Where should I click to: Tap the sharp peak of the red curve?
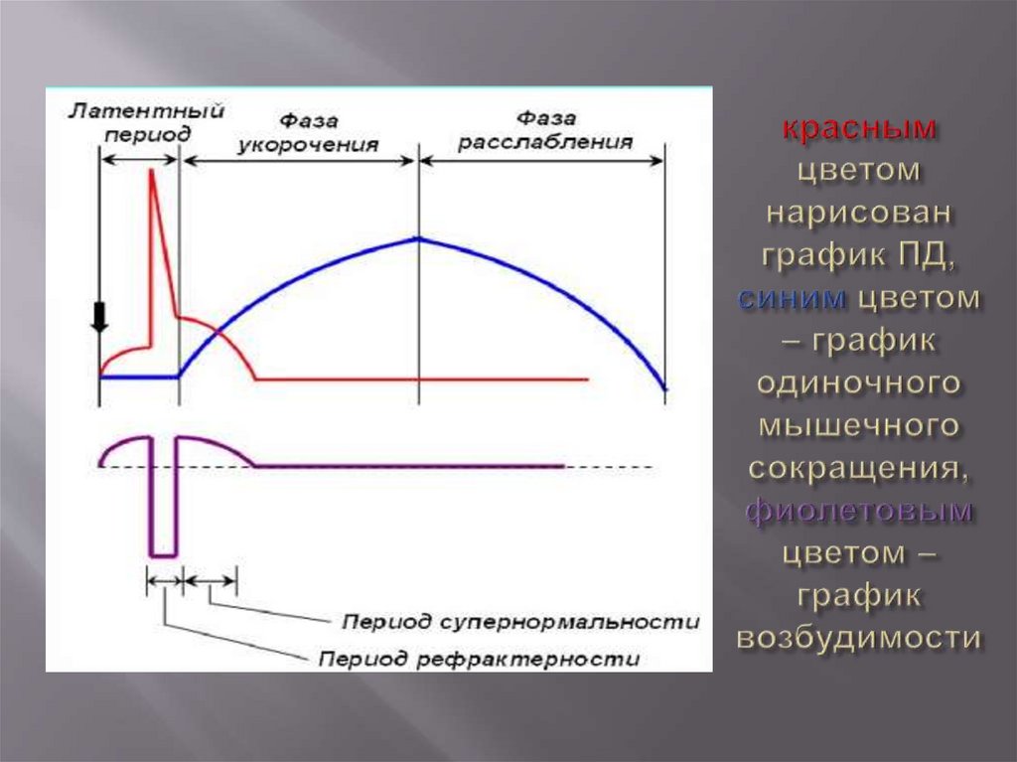click(152, 171)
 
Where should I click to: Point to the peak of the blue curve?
click(418, 238)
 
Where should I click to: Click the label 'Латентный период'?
click(145, 121)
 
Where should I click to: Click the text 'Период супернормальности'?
click(519, 622)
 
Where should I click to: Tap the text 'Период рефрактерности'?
click(479, 659)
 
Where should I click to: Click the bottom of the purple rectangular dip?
click(163, 554)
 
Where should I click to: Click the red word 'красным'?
click(860, 128)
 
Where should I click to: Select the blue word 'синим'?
click(792, 297)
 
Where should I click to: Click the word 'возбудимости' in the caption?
click(860, 638)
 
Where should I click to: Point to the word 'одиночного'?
click(860, 383)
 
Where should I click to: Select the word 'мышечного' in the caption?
click(860, 425)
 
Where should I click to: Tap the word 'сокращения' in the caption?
click(858, 468)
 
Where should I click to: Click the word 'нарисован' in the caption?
click(860, 213)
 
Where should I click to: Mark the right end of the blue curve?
click(664, 388)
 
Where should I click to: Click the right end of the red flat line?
click(588, 379)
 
